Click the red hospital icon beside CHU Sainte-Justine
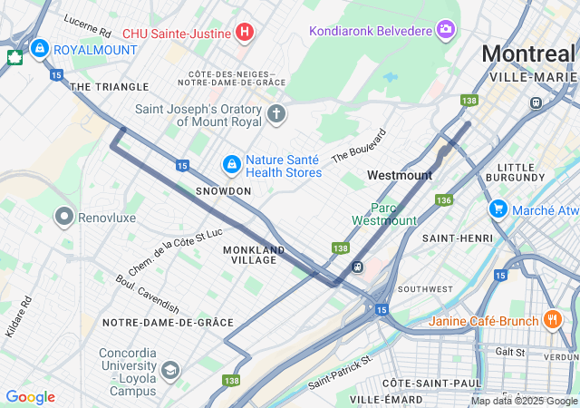pos(243,34)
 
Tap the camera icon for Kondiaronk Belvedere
pos(446,31)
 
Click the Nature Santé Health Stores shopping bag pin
pos(232,164)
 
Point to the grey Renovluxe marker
pos(64,217)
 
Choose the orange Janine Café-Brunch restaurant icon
pos(553,320)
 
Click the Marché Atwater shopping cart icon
pos(498,209)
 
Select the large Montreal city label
pos(527,53)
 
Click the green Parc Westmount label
pos(384,214)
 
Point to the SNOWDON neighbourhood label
pos(223,191)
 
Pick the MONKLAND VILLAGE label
pos(254,255)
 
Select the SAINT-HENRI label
pos(457,238)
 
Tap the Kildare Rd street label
pos(18,316)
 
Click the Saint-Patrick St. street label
pos(340,373)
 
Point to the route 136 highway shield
pos(443,199)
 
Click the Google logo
pos(30,397)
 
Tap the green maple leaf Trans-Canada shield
pos(14,58)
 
